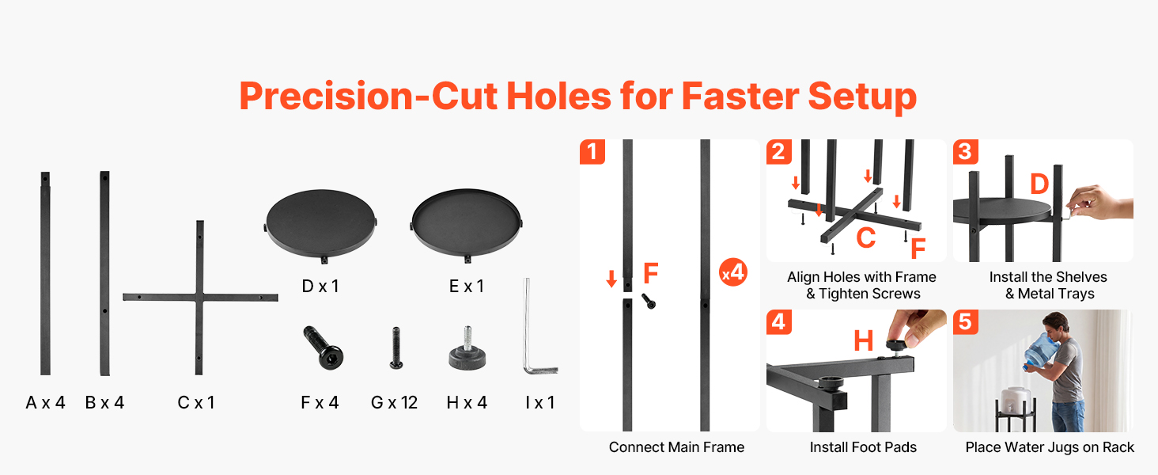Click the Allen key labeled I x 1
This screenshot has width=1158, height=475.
[x=527, y=331]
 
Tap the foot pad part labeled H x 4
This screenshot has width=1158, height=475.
[x=467, y=351]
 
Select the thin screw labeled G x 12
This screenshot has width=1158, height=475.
[x=396, y=348]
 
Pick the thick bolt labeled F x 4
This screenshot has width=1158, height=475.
[x=323, y=348]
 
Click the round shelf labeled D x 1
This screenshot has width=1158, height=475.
[x=320, y=223]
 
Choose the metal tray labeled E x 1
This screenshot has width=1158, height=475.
[x=467, y=223]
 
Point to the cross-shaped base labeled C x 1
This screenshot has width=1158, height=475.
[x=199, y=297]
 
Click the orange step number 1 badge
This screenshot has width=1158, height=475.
[x=592, y=152]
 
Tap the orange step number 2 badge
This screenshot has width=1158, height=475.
[x=779, y=152]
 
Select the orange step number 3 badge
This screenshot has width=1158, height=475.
[x=966, y=152]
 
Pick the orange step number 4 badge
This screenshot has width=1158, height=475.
[x=779, y=322]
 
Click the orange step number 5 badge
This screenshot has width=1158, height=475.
[x=966, y=322]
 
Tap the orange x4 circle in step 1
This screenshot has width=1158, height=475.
[x=733, y=272]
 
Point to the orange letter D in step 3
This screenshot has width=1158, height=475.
[x=1039, y=184]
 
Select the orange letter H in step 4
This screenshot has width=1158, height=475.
[x=863, y=340]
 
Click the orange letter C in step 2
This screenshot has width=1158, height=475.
[x=866, y=238]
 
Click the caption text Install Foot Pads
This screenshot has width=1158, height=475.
[x=863, y=447]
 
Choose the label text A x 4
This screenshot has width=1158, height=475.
[x=46, y=402]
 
